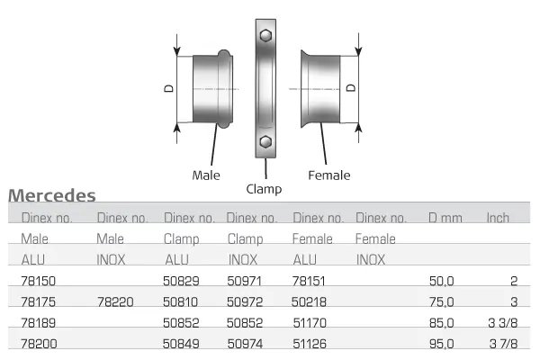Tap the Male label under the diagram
206,175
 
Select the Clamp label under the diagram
264,189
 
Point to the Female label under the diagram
328,175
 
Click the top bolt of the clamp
265,36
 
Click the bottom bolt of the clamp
265,143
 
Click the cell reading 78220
114,302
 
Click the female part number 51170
310,322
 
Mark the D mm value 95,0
442,343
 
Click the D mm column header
445,219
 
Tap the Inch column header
498,219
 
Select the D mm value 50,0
442,282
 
